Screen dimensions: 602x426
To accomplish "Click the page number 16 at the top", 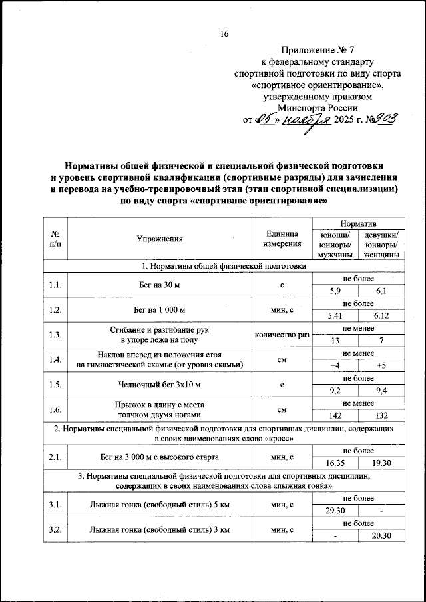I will tap(224, 35).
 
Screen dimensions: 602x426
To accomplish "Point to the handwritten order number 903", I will tap(384, 119).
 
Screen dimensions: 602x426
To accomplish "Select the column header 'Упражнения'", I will tap(159, 239).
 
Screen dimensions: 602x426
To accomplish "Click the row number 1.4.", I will tap(55, 359).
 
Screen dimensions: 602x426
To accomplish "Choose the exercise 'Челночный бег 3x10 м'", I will tap(159, 385).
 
